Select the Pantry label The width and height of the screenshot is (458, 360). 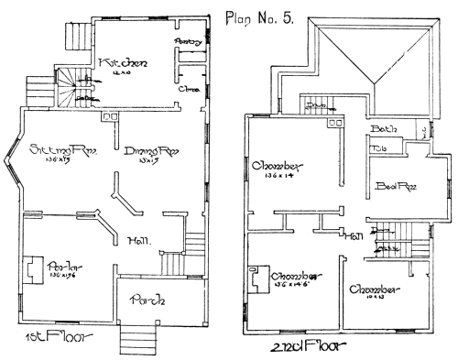click(186, 42)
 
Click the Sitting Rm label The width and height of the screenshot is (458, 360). click(59, 148)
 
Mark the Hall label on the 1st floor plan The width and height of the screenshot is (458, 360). click(139, 241)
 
